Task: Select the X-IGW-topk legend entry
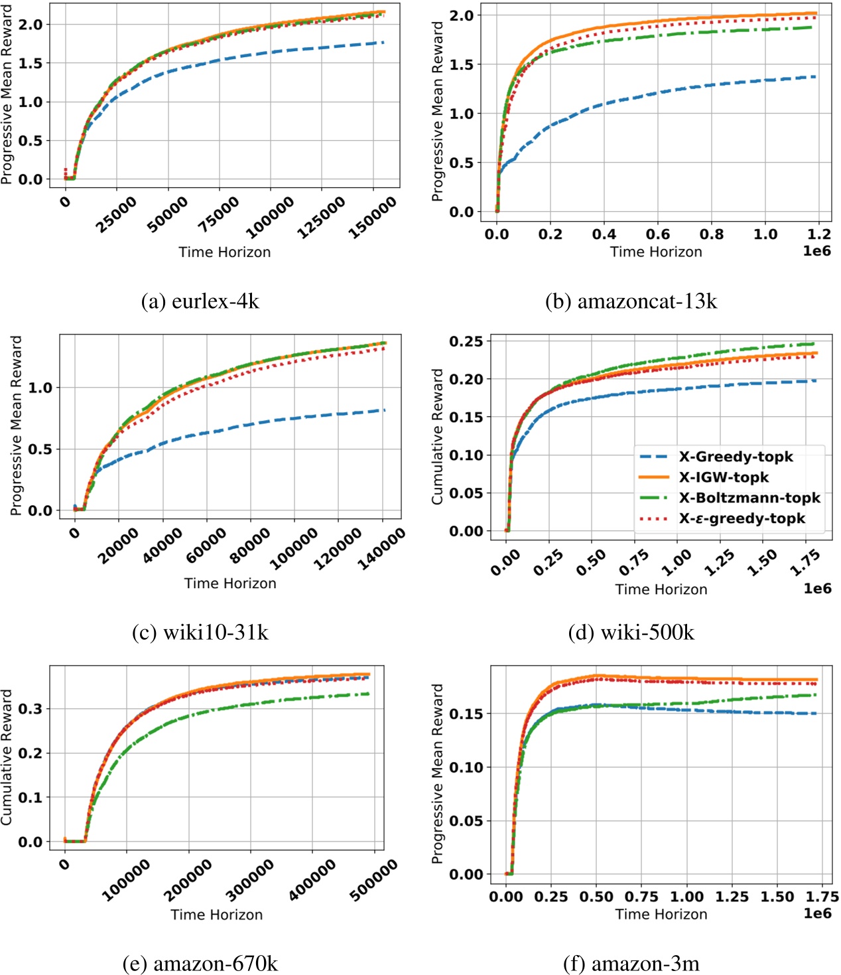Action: pyautogui.click(x=723, y=477)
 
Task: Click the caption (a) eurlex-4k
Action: pyautogui.click(x=200, y=301)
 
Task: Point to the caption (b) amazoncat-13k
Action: pyautogui.click(x=631, y=301)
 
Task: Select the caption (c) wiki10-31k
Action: pyautogui.click(x=200, y=633)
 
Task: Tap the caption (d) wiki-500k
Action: pyautogui.click(x=631, y=633)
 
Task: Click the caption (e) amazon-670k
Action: pyautogui.click(x=200, y=963)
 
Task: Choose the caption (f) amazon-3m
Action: pyautogui.click(x=631, y=963)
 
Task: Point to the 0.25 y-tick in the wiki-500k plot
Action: pyautogui.click(x=466, y=341)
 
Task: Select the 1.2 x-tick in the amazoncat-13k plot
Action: pyautogui.click(x=819, y=234)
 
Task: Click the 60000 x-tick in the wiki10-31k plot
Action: pyautogui.click(x=206, y=545)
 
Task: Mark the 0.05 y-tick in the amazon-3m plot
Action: pyautogui.click(x=466, y=821)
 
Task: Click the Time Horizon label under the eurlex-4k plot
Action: pyautogui.click(x=224, y=252)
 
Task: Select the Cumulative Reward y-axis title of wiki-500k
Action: pyautogui.click(x=437, y=436)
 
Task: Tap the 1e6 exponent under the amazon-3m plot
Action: pyautogui.click(x=817, y=913)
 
